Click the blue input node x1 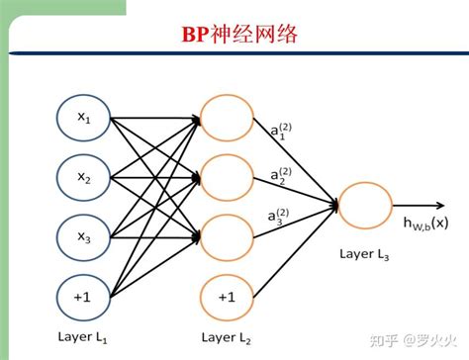coord(83,119)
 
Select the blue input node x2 coord(83,178)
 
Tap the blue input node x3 coord(83,237)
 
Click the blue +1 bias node coord(83,296)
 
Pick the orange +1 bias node coord(227,296)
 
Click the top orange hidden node coord(227,119)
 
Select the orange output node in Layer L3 coord(366,206)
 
